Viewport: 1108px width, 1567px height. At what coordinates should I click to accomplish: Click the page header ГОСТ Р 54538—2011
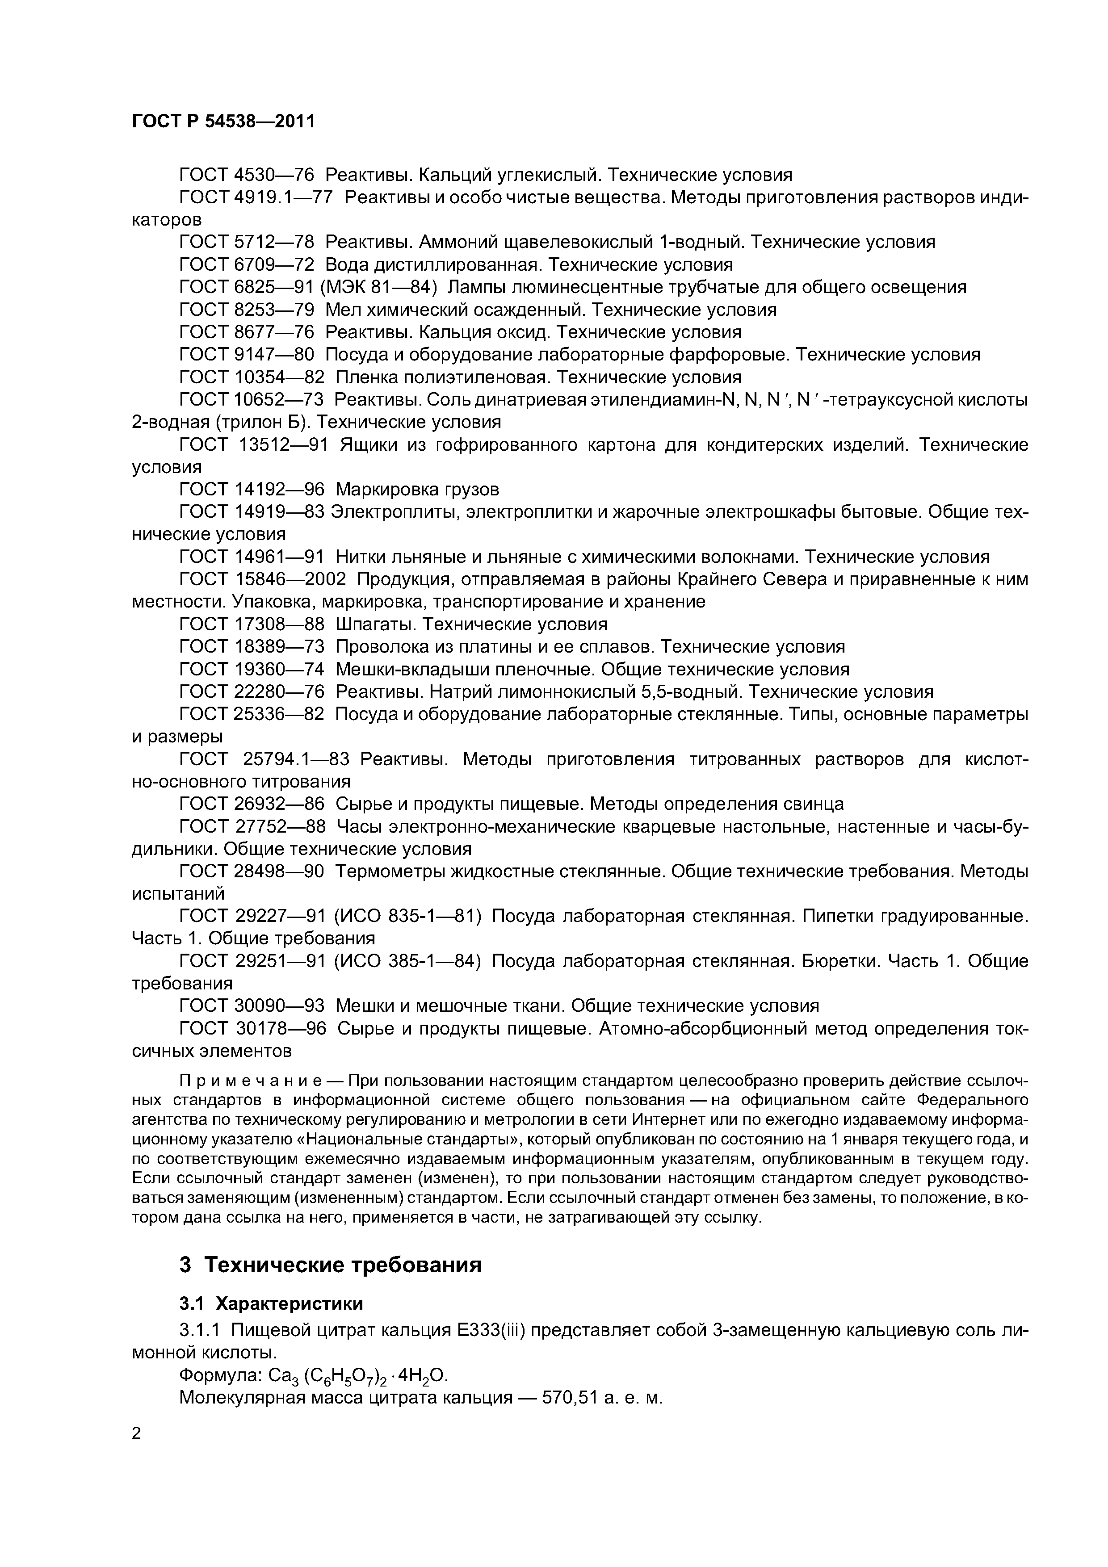[223, 122]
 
